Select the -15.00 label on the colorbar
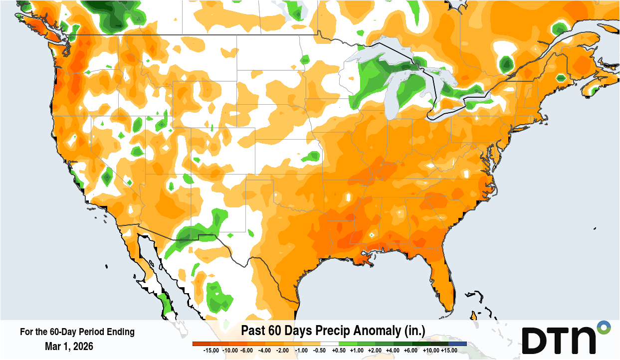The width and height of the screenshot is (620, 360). tap(210, 351)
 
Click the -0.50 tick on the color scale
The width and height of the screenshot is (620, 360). tap(320, 351)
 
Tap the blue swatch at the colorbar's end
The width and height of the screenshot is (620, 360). tap(457, 344)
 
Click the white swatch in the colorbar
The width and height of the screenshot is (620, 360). tap(330, 344)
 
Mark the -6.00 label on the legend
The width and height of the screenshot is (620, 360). tap(246, 351)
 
